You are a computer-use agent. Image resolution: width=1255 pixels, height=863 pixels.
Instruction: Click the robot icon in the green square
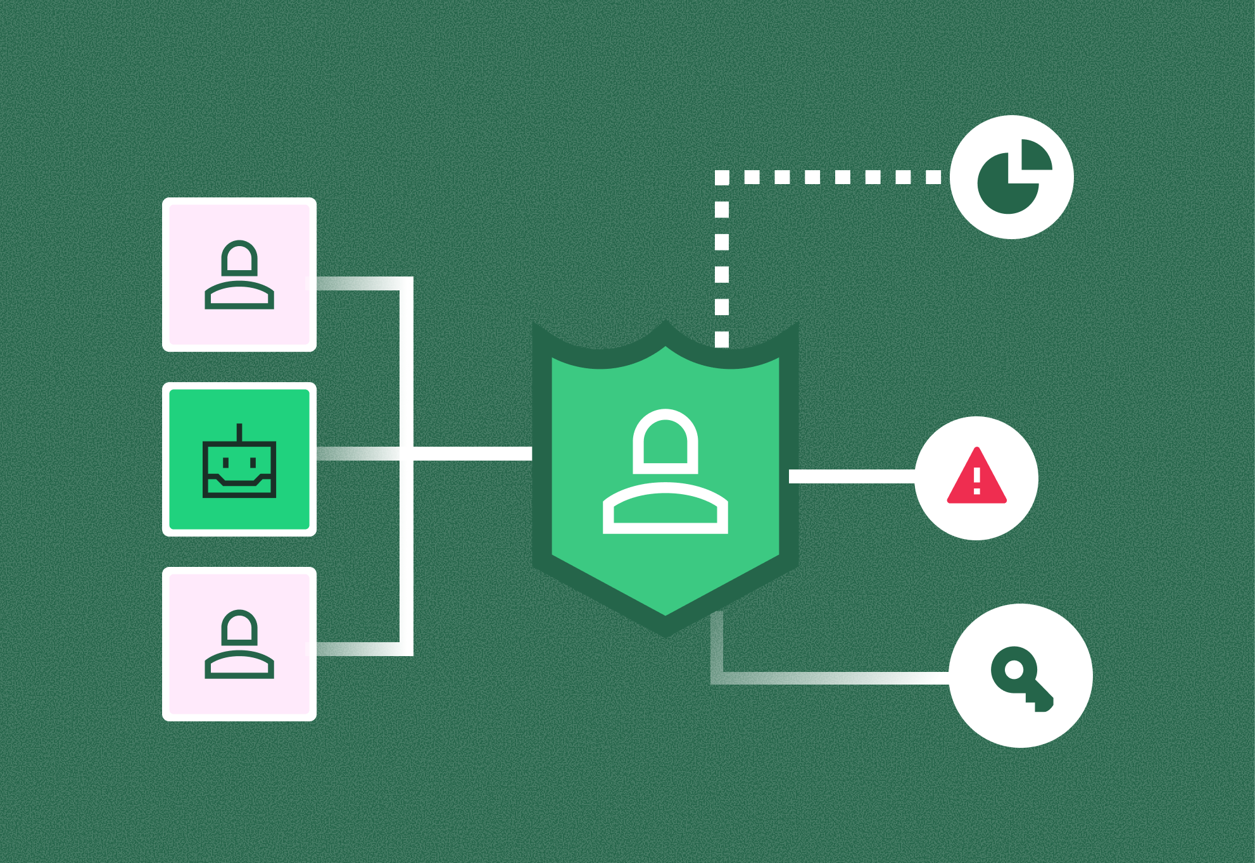[x=239, y=461]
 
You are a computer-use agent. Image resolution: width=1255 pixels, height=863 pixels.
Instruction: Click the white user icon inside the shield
[x=665, y=472]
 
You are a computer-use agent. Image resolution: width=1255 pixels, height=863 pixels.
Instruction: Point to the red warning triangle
[x=976, y=478]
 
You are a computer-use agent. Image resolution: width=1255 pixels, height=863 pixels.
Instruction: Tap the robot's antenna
[x=239, y=432]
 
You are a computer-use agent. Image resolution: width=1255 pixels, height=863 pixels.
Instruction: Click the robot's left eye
[x=226, y=463]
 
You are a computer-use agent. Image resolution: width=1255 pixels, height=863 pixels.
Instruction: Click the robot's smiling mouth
[x=239, y=483]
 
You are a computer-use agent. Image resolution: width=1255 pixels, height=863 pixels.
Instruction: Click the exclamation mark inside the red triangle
[x=977, y=481]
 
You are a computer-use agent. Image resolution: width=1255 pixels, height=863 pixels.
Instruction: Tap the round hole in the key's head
[x=1014, y=669]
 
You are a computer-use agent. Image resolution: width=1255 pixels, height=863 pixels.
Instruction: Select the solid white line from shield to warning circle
[x=852, y=476]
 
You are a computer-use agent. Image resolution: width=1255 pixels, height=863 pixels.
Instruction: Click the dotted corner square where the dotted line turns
[x=722, y=178]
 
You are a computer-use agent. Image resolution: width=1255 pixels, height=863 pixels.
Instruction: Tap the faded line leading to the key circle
[x=829, y=678]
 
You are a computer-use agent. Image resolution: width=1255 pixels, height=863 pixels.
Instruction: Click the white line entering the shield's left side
[x=472, y=454]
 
